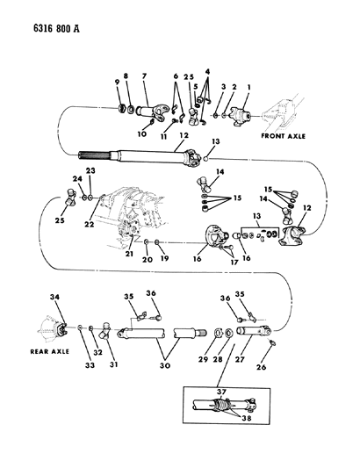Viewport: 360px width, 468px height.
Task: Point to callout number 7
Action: pos(144,77)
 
